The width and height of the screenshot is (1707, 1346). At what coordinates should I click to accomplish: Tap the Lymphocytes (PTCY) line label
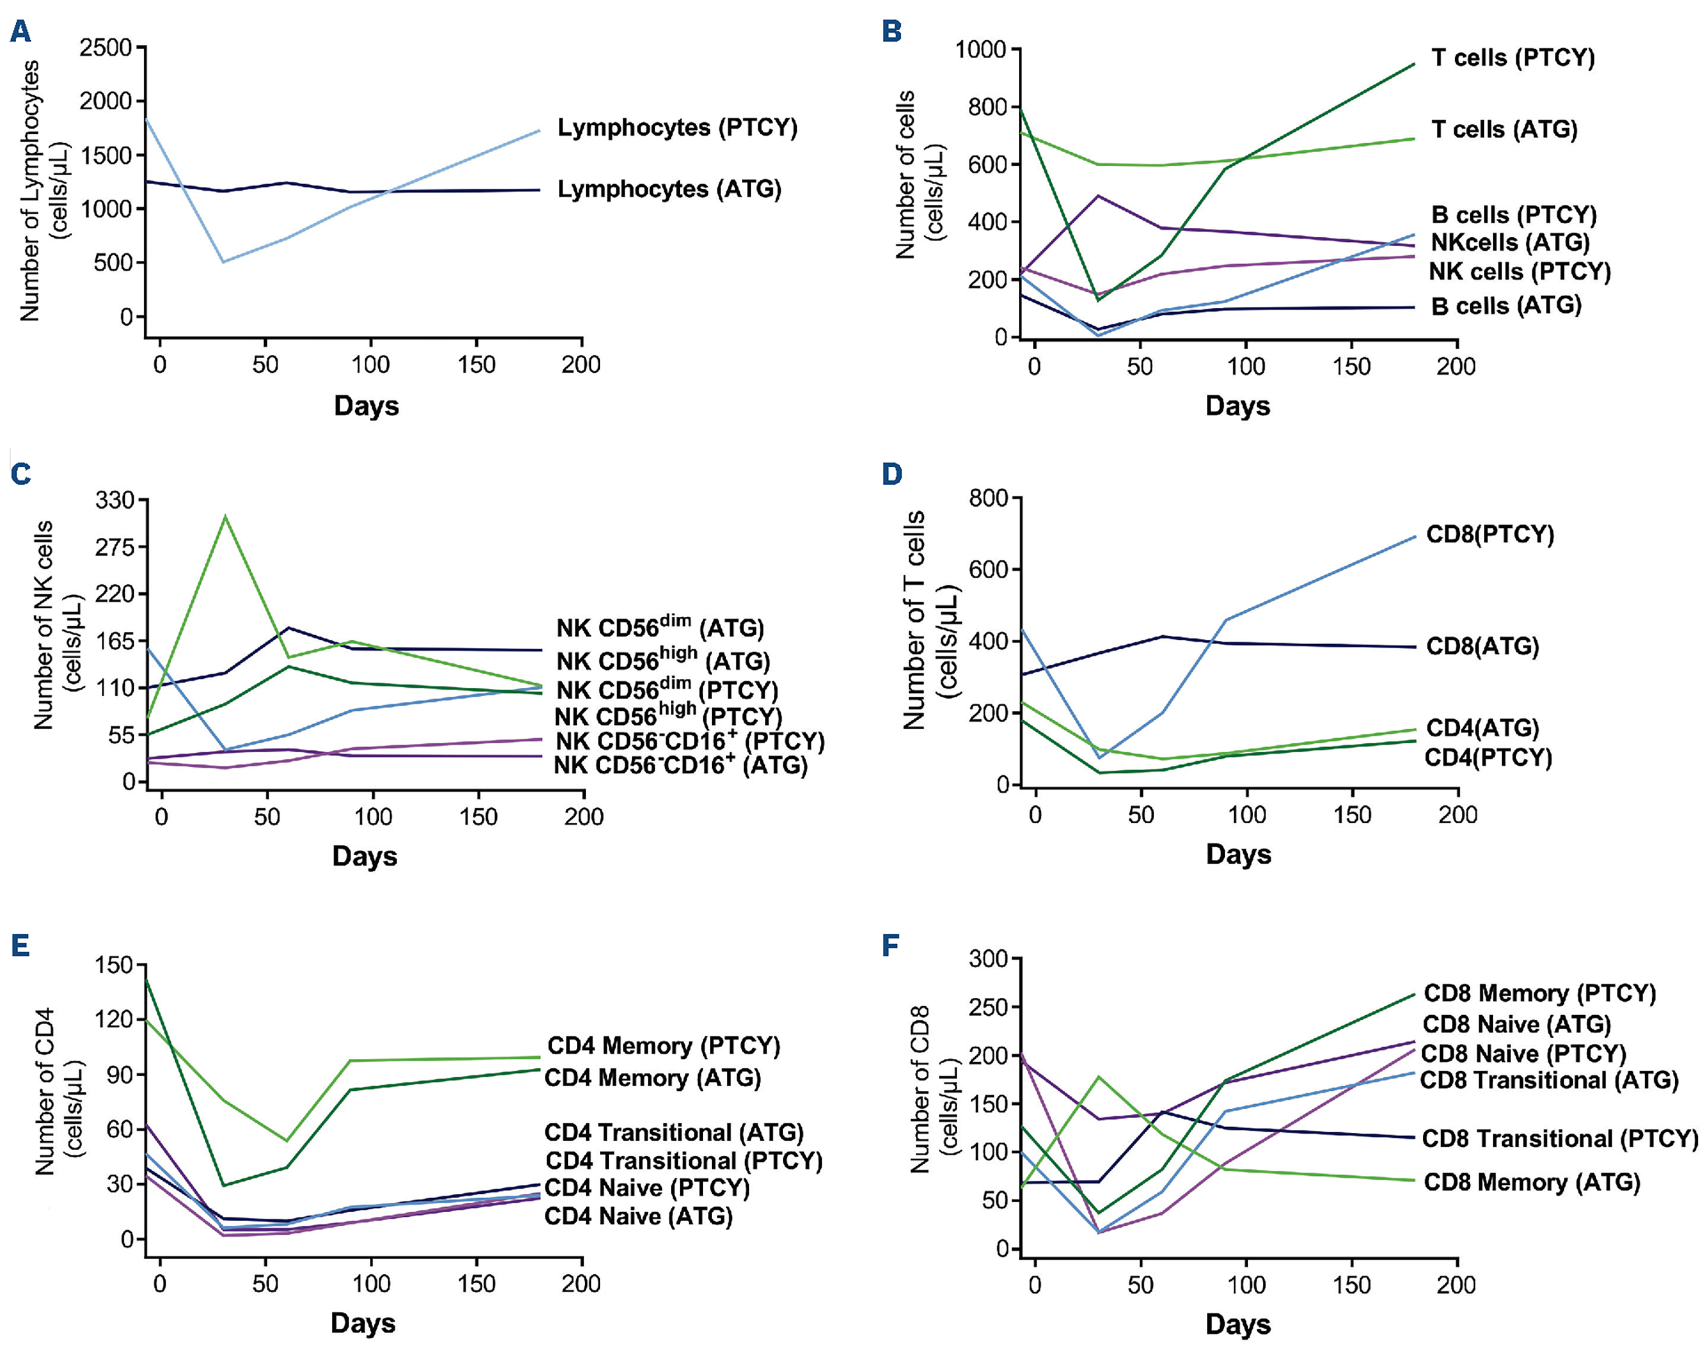coord(676,128)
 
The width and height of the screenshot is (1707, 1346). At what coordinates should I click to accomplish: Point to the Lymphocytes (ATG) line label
coord(669,189)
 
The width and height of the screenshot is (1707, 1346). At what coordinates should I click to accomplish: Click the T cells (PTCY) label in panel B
coord(1512,58)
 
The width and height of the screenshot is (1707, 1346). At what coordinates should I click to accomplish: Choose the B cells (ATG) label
coord(1506,306)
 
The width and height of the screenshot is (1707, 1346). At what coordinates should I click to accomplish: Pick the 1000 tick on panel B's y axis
coord(980,50)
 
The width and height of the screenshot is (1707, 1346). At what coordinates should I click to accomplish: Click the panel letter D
coord(892,475)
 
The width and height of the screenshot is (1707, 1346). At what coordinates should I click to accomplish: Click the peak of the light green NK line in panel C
coord(225,516)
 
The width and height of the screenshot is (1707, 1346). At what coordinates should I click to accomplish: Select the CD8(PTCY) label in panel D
coord(1489,535)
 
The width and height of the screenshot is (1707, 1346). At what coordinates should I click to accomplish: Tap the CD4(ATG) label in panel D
coord(1482,728)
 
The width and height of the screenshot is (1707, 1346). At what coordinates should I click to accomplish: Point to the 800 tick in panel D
coord(989,498)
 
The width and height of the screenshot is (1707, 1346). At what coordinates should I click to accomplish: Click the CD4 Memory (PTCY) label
coord(663,1046)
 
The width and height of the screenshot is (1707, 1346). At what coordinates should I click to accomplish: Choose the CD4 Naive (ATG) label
coord(638,1216)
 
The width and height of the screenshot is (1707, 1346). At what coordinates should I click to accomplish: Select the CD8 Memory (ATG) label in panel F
coord(1531,1182)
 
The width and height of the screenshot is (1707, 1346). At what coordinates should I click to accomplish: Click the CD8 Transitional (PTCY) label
coord(1559,1139)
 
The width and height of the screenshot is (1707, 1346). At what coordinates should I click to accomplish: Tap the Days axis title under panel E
coord(363,1322)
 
